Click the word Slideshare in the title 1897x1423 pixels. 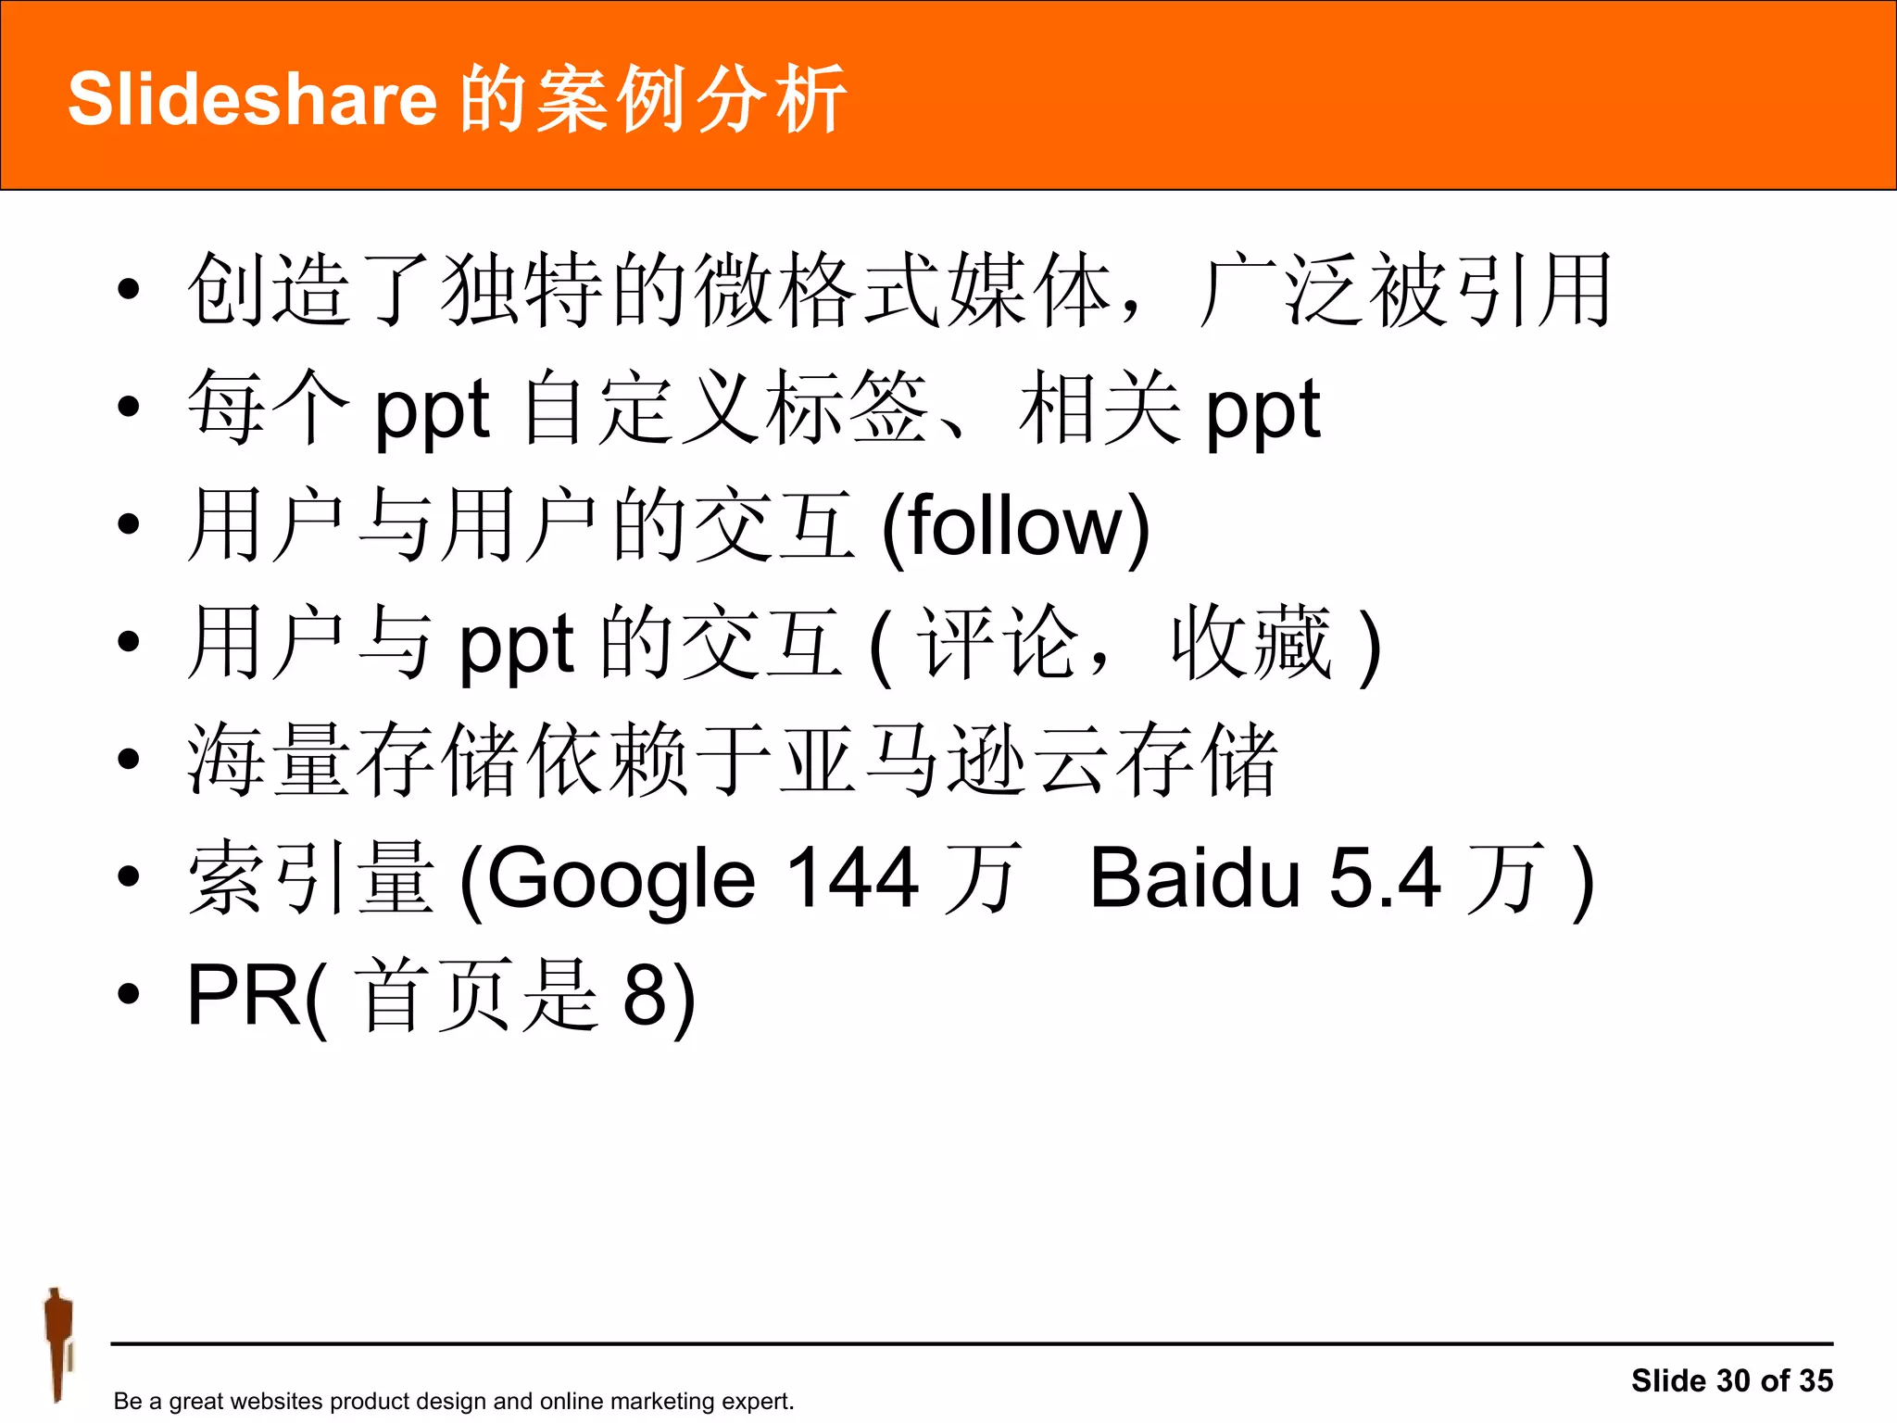[252, 99]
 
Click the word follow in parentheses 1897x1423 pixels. [1015, 526]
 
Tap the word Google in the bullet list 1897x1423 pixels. [621, 878]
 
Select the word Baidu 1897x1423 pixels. [1195, 878]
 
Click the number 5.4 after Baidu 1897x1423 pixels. [1385, 878]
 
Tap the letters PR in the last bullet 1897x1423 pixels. [243, 996]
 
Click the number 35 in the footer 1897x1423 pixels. [1816, 1380]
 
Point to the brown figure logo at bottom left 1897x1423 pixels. [57, 1343]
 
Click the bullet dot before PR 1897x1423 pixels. [129, 994]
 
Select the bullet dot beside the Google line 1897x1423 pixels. [129, 876]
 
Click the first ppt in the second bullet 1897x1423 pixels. [431, 410]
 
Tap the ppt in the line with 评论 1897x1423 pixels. [516, 645]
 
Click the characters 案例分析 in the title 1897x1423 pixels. [653, 99]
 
